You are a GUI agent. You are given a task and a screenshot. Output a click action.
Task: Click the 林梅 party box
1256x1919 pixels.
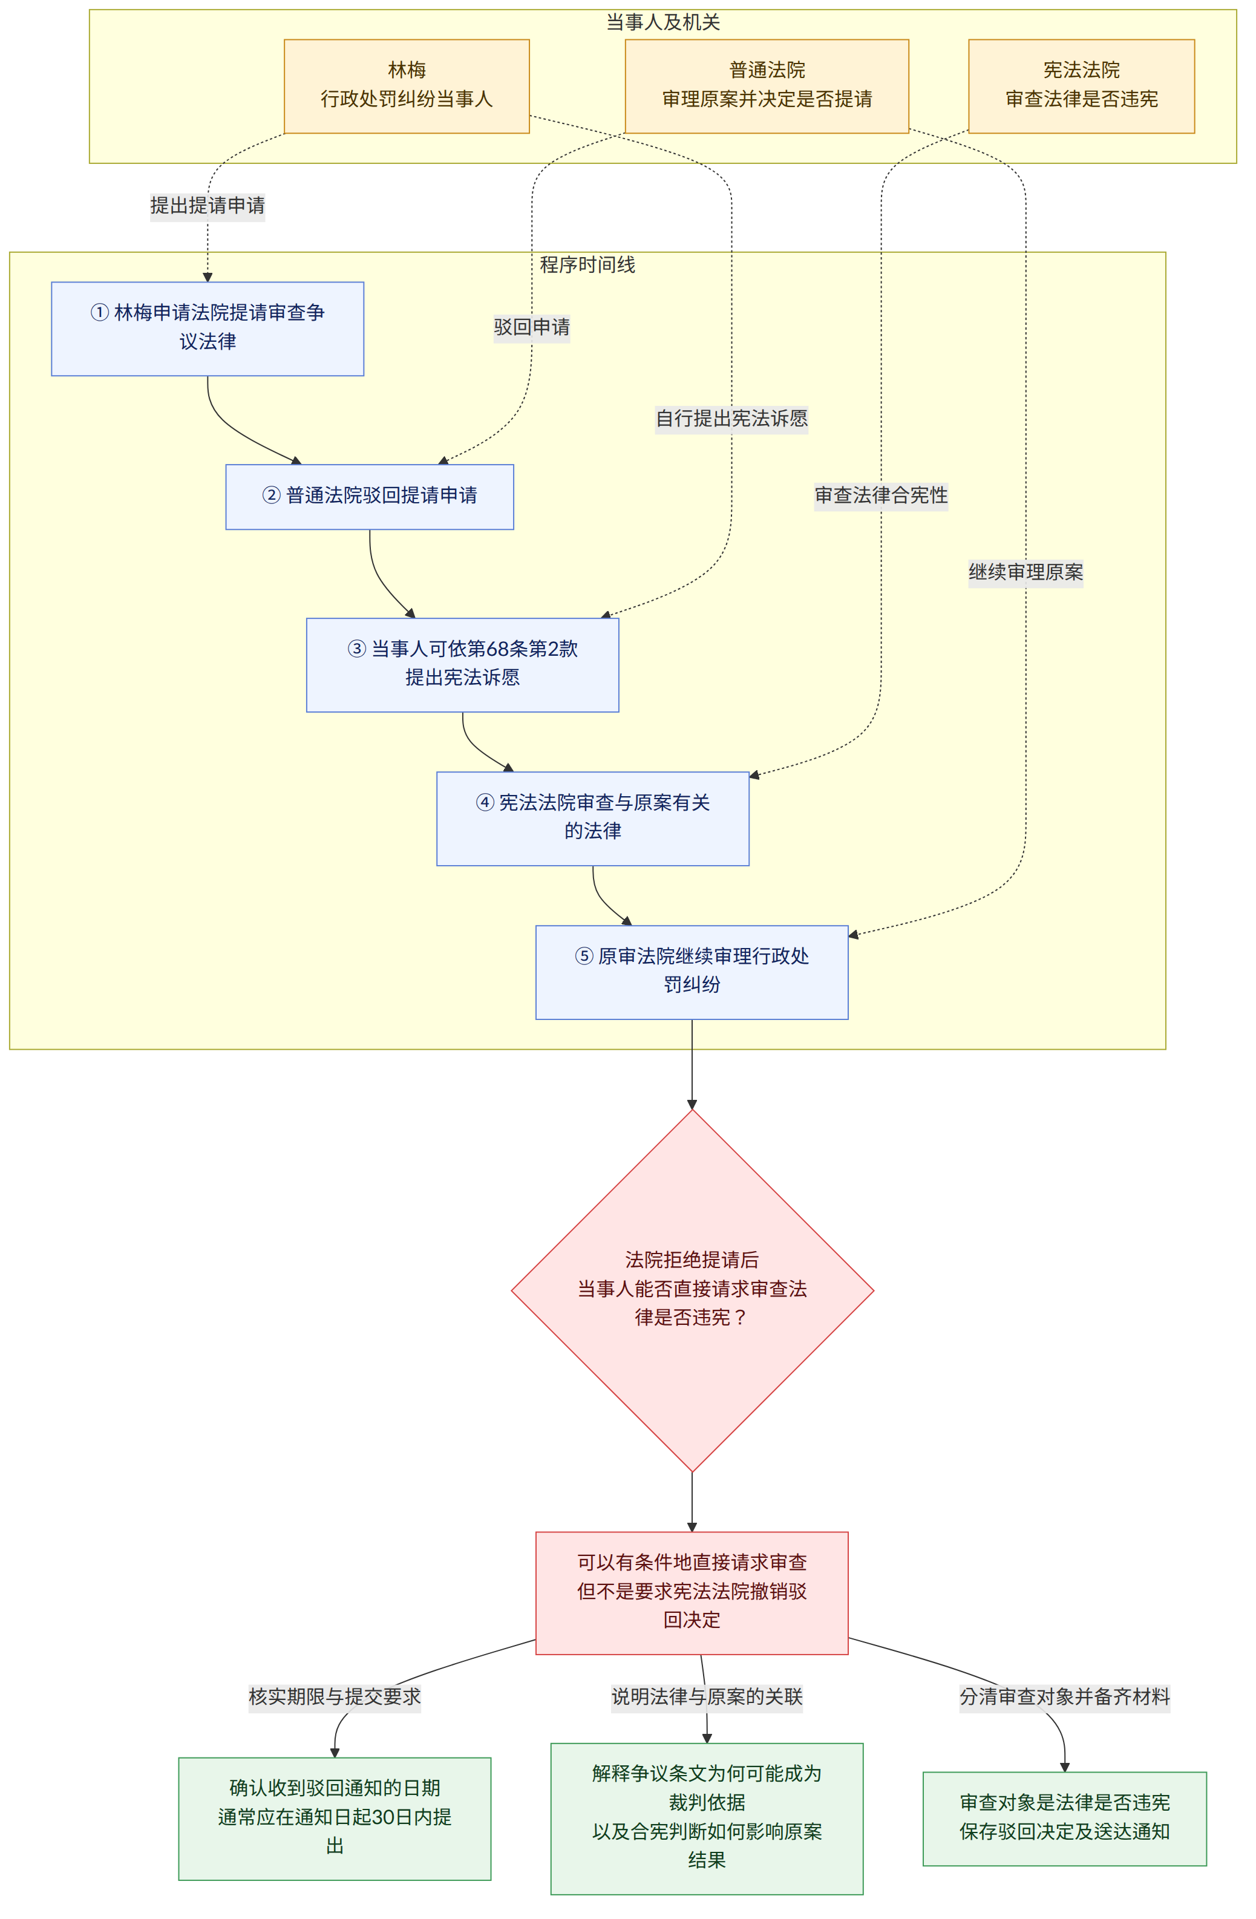coord(407,87)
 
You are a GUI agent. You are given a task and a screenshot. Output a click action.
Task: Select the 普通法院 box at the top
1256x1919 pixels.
coord(767,87)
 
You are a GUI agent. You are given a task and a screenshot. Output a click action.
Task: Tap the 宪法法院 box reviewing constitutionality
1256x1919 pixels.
coord(1081,87)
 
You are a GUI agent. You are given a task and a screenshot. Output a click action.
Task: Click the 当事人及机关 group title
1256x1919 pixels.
coord(662,22)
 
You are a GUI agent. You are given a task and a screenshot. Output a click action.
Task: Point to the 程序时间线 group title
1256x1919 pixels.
coord(587,264)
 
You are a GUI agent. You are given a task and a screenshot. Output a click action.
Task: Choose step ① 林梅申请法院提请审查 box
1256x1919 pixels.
coord(207,328)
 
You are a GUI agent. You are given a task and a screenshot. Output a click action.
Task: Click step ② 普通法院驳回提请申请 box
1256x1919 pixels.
coord(369,497)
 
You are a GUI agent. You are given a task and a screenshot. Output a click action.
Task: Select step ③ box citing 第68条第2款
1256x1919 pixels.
coord(463,664)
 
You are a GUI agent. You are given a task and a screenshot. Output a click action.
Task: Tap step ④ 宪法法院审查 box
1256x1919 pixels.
coord(592,819)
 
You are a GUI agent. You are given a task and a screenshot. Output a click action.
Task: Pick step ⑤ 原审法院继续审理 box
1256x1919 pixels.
coord(692,972)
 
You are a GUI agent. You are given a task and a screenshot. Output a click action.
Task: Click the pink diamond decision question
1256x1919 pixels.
coord(692,1290)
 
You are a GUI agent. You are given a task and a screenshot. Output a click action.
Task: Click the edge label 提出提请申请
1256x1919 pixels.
coord(207,206)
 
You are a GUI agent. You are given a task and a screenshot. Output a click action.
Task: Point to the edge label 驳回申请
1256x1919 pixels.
coord(532,327)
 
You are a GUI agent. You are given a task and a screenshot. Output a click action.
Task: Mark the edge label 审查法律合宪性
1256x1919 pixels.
coord(881,495)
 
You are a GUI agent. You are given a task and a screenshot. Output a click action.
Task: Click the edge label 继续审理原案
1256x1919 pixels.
coord(1025,572)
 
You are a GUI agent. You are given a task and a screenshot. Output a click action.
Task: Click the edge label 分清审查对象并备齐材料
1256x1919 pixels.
coord(1064,1696)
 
